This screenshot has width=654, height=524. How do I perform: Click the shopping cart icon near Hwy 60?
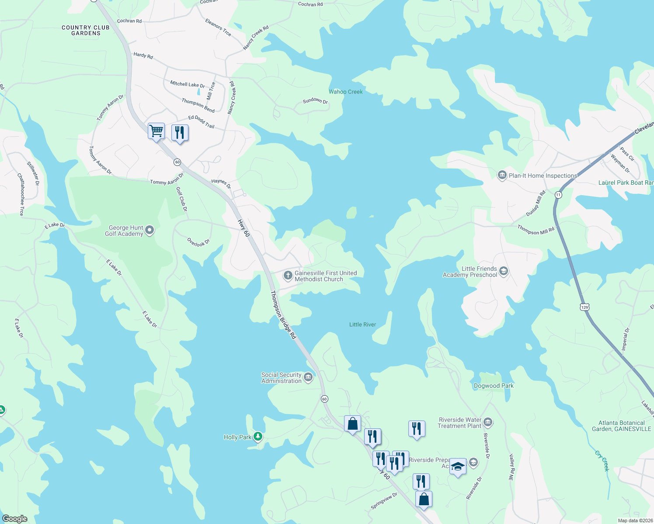tap(156, 131)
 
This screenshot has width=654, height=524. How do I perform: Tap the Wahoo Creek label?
tap(345, 92)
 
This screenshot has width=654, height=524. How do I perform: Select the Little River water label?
tap(362, 324)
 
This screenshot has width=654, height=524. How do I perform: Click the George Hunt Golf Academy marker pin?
tap(150, 230)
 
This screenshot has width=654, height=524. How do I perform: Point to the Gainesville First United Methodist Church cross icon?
tap(288, 275)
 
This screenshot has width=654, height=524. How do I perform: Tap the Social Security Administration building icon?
tap(308, 377)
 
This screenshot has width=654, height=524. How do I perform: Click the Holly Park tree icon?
tap(258, 436)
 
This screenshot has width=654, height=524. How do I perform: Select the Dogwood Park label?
tap(494, 386)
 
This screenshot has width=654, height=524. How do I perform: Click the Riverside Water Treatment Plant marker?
tap(488, 422)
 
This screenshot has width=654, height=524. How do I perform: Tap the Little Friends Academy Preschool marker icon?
tap(503, 271)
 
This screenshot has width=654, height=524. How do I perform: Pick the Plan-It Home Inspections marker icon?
tap(502, 176)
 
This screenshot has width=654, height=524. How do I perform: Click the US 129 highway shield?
tap(585, 307)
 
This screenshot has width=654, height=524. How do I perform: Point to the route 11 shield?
tap(558, 195)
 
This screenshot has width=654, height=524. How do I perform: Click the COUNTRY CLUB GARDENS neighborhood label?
tap(86, 30)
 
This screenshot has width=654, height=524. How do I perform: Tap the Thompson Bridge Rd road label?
tap(283, 315)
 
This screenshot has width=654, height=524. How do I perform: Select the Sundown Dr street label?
tap(315, 101)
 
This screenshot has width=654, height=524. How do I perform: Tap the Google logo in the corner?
tap(14, 519)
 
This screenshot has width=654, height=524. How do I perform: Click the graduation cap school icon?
tap(458, 467)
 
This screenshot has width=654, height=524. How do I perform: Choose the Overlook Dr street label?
tap(198, 242)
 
